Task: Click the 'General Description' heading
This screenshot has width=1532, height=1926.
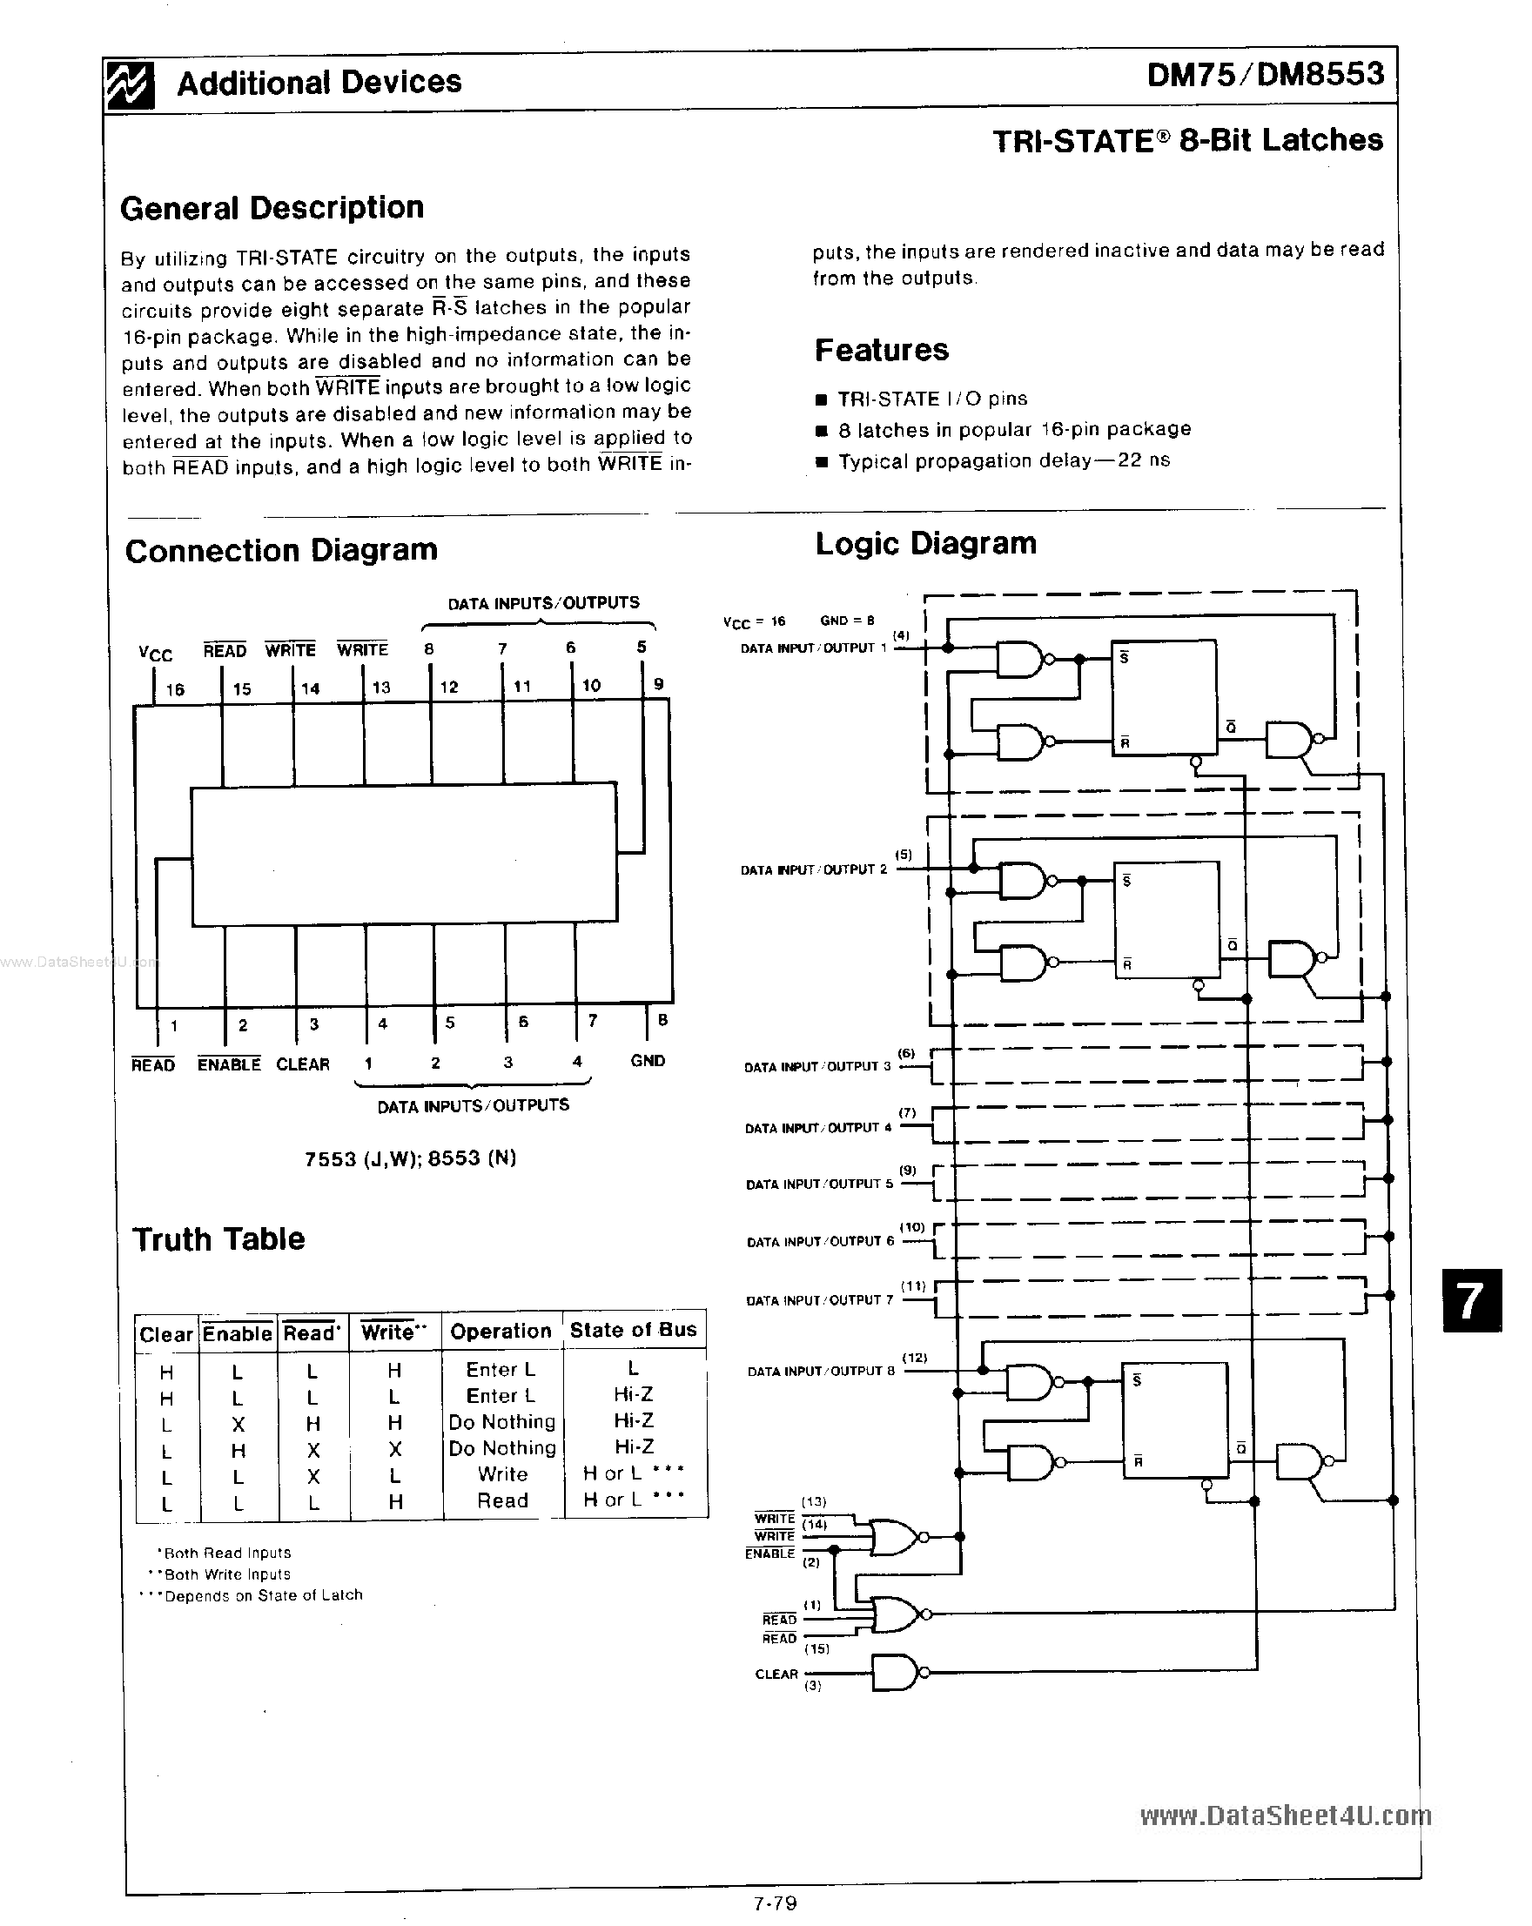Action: point(272,208)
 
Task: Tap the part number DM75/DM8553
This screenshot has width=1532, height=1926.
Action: point(1265,75)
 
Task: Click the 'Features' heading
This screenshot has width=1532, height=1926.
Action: point(881,350)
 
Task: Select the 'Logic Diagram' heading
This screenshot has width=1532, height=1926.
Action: point(925,543)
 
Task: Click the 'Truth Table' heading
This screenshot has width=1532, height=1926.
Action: point(218,1239)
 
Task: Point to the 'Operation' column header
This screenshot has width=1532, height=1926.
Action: point(501,1331)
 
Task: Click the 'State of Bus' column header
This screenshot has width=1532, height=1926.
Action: point(633,1330)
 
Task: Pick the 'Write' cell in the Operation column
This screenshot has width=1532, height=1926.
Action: point(502,1474)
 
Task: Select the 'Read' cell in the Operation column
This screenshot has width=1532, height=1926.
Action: point(502,1500)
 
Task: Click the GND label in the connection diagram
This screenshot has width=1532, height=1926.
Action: point(648,1060)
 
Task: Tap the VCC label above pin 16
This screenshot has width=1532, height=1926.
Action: point(156,654)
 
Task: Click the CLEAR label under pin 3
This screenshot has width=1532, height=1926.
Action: point(303,1064)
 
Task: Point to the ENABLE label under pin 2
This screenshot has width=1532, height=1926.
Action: point(229,1064)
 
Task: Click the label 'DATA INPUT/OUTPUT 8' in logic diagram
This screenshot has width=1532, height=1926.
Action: point(820,1372)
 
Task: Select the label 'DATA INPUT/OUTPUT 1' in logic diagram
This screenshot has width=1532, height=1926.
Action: point(813,648)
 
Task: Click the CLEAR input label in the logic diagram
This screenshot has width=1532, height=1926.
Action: point(776,1674)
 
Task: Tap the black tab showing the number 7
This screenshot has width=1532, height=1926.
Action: point(1471,1300)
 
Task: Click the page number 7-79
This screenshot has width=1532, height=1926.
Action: point(775,1903)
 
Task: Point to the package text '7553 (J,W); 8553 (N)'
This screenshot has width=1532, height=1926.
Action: point(410,1158)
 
